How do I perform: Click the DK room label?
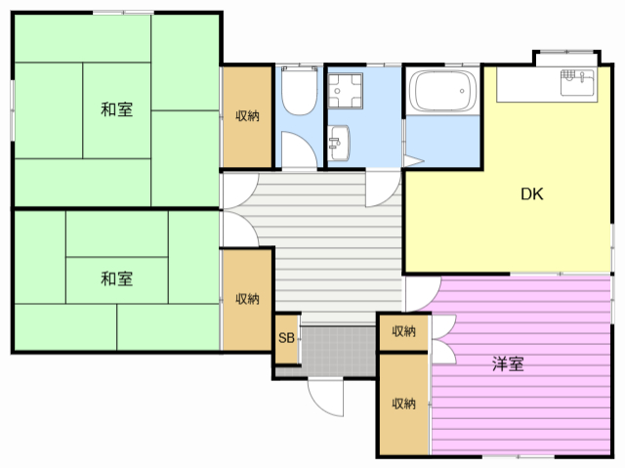[531, 193]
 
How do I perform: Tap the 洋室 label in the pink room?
[507, 364]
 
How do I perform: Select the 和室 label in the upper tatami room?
[117, 109]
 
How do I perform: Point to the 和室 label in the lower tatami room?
[117, 279]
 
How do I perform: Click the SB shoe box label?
[286, 339]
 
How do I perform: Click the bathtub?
[441, 93]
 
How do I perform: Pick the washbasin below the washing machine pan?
[339, 143]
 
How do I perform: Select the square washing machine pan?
[344, 93]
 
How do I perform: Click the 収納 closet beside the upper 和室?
[247, 116]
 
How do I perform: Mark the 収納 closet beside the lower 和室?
[247, 298]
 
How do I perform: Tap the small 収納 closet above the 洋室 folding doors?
[403, 331]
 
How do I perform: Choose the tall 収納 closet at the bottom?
[403, 403]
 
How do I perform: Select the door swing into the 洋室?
[423, 291]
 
